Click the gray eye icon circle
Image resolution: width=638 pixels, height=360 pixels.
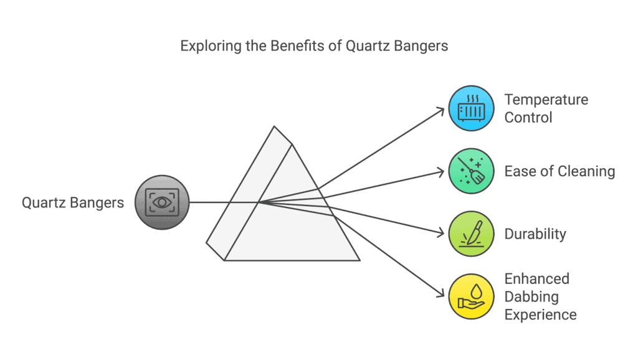point(162,202)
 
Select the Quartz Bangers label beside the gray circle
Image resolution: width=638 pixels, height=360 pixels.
point(73,202)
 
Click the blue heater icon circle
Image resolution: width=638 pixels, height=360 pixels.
point(471,108)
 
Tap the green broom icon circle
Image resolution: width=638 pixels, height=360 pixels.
point(471,171)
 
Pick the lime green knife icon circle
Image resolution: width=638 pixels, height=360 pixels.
point(471,234)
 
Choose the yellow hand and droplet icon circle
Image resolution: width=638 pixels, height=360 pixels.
point(471,296)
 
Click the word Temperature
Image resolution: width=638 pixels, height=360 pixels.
point(546,100)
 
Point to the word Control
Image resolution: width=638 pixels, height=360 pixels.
point(528,118)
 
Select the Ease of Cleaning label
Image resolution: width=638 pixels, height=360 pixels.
point(559,172)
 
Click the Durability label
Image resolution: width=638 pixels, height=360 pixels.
point(535,234)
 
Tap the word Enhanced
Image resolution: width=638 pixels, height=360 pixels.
point(536,278)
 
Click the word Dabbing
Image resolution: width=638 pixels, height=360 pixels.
point(531,297)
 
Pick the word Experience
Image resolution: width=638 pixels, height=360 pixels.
point(540,315)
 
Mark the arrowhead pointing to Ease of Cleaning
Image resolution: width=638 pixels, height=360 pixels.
point(440,172)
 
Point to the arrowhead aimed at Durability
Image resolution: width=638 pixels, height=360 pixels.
point(440,233)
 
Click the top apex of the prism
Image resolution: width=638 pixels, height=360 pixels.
point(274,126)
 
